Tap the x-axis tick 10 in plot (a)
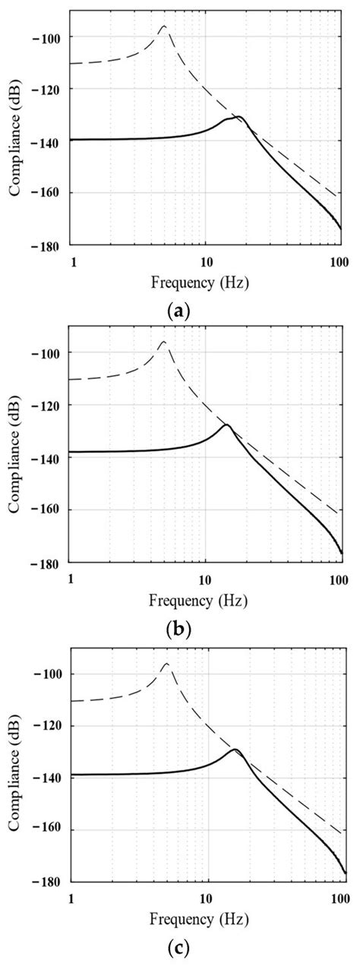(205, 261)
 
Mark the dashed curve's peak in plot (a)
(163, 26)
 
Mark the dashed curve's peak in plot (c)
(166, 663)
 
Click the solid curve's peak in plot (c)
(235, 750)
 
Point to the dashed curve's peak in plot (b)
(163, 342)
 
